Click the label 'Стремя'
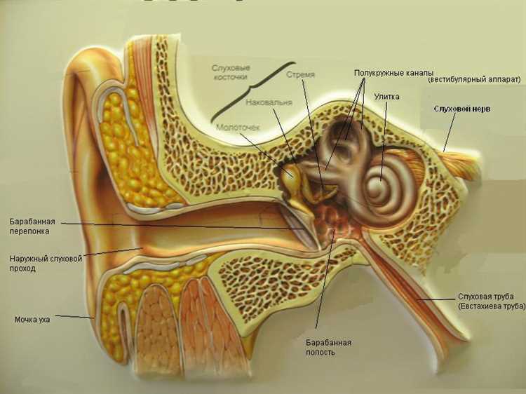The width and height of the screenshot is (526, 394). (301, 74)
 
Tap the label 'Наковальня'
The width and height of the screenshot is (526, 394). (269, 102)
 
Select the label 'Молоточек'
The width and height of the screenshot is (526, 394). (238, 128)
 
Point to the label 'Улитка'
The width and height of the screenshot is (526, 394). (386, 97)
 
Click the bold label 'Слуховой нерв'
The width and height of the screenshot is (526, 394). (462, 109)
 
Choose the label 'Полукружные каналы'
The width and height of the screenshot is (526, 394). (394, 73)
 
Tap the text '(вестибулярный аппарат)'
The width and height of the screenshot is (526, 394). (475, 80)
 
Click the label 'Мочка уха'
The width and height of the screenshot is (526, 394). (32, 320)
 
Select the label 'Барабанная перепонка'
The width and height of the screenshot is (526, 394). (32, 226)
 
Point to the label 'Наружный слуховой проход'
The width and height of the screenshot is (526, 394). (46, 264)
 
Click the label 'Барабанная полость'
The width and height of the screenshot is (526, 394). (328, 348)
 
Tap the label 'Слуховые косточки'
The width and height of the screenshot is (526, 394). (231, 72)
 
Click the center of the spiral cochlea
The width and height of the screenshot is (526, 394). (381, 183)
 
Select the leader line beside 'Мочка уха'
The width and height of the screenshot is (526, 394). (74, 316)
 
